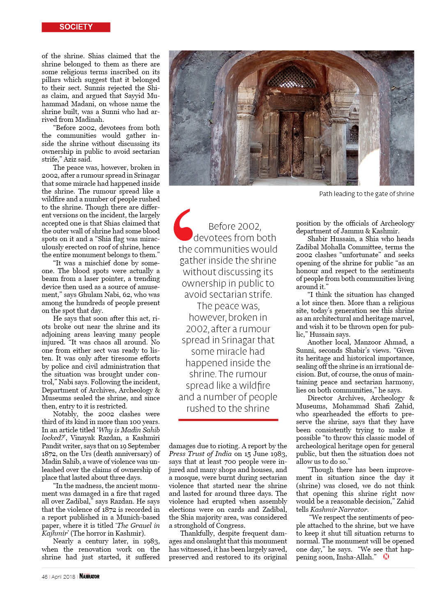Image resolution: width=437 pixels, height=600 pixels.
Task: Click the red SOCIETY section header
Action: coord(76,27)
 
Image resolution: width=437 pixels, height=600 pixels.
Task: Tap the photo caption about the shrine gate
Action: coord(366,194)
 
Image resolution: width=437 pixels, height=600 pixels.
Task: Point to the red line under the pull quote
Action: coord(228,420)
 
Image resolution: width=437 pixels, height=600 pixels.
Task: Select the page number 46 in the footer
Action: coord(44,577)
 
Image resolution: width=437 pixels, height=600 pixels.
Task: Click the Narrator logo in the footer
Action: coord(89,576)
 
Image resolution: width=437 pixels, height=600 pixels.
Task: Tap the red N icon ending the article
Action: coord(386,557)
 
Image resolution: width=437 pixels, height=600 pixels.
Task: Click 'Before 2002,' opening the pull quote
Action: coord(235,226)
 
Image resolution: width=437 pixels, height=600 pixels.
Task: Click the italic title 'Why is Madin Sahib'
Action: coord(129,430)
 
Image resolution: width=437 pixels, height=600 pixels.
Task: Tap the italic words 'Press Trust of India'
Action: coord(200,454)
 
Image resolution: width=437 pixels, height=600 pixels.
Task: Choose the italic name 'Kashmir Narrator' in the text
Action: coord(338,509)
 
